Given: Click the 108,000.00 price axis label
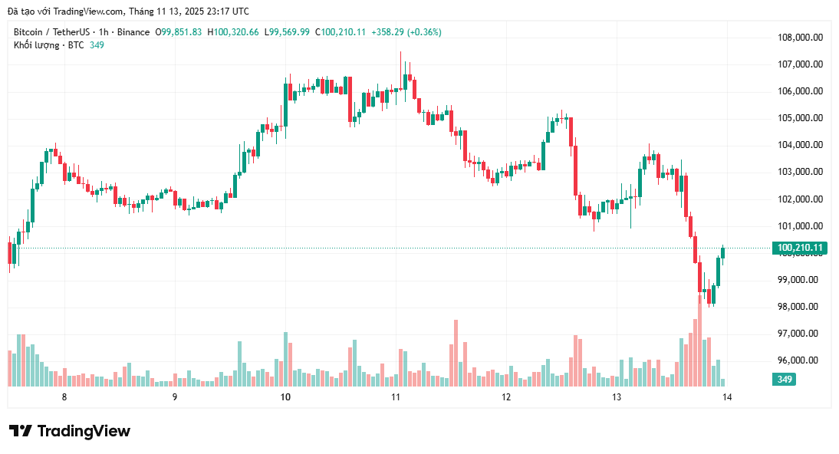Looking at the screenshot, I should coord(800,38).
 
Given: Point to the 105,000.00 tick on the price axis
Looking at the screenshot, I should coord(800,118).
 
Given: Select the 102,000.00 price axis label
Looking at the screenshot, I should coord(800,199).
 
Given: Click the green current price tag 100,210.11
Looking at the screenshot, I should coord(799,248).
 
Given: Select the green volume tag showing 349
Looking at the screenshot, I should coord(784,380).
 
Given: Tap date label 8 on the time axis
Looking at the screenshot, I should coord(64,396).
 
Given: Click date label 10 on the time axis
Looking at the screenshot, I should coord(285,396).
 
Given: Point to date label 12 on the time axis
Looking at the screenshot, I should coord(506,396).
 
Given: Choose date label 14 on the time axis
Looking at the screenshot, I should coord(727,396).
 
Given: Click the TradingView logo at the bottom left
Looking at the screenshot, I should coord(70,431).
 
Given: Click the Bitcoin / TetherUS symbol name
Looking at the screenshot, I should coord(51,32).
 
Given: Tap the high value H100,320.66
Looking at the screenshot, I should coord(236,32).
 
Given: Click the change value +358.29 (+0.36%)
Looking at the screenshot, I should coord(406,32).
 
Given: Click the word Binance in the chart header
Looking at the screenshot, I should coord(135,32).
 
